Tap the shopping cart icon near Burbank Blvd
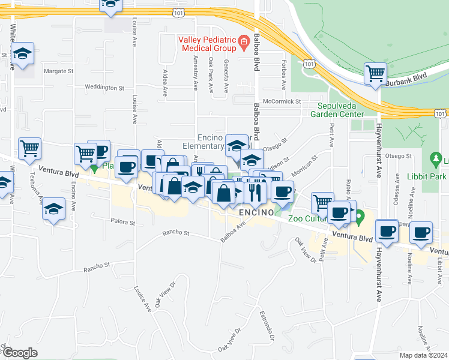pyautogui.click(x=376, y=74)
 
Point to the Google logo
pyautogui.click(x=19, y=353)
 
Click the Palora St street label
pyautogui.click(x=122, y=222)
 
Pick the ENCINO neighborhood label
pyautogui.click(x=256, y=213)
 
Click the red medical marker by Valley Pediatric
pyautogui.click(x=243, y=42)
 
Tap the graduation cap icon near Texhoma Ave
pyautogui.click(x=54, y=209)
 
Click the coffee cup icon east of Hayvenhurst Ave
pyautogui.click(x=387, y=231)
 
